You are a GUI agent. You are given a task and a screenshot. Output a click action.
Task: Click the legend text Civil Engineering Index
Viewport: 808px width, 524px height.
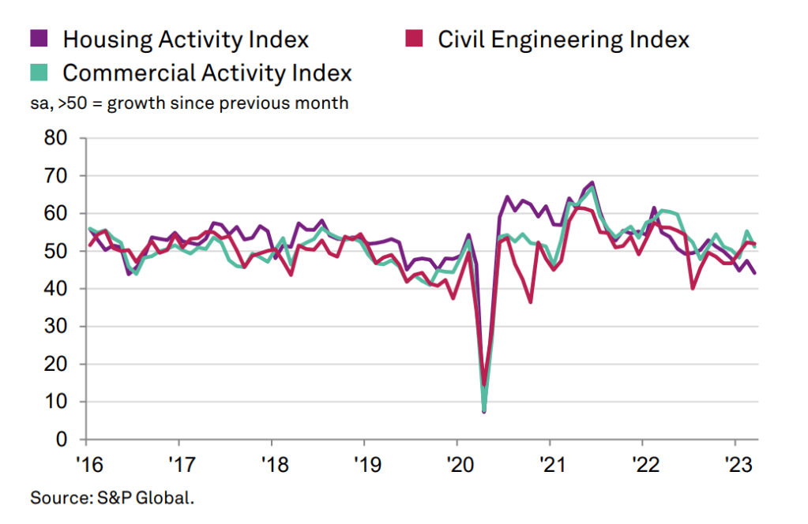[x=564, y=38]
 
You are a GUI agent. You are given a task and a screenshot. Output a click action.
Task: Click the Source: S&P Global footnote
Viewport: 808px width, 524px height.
[x=111, y=498]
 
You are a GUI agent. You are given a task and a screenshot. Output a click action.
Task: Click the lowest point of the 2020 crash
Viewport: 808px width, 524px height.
[x=483, y=411]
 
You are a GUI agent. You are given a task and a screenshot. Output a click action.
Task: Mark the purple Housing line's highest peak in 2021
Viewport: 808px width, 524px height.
[x=592, y=183]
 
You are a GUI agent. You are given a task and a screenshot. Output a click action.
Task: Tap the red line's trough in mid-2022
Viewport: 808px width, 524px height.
[x=693, y=288]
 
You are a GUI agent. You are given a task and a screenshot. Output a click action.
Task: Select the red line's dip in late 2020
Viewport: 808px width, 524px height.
[x=530, y=301]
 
